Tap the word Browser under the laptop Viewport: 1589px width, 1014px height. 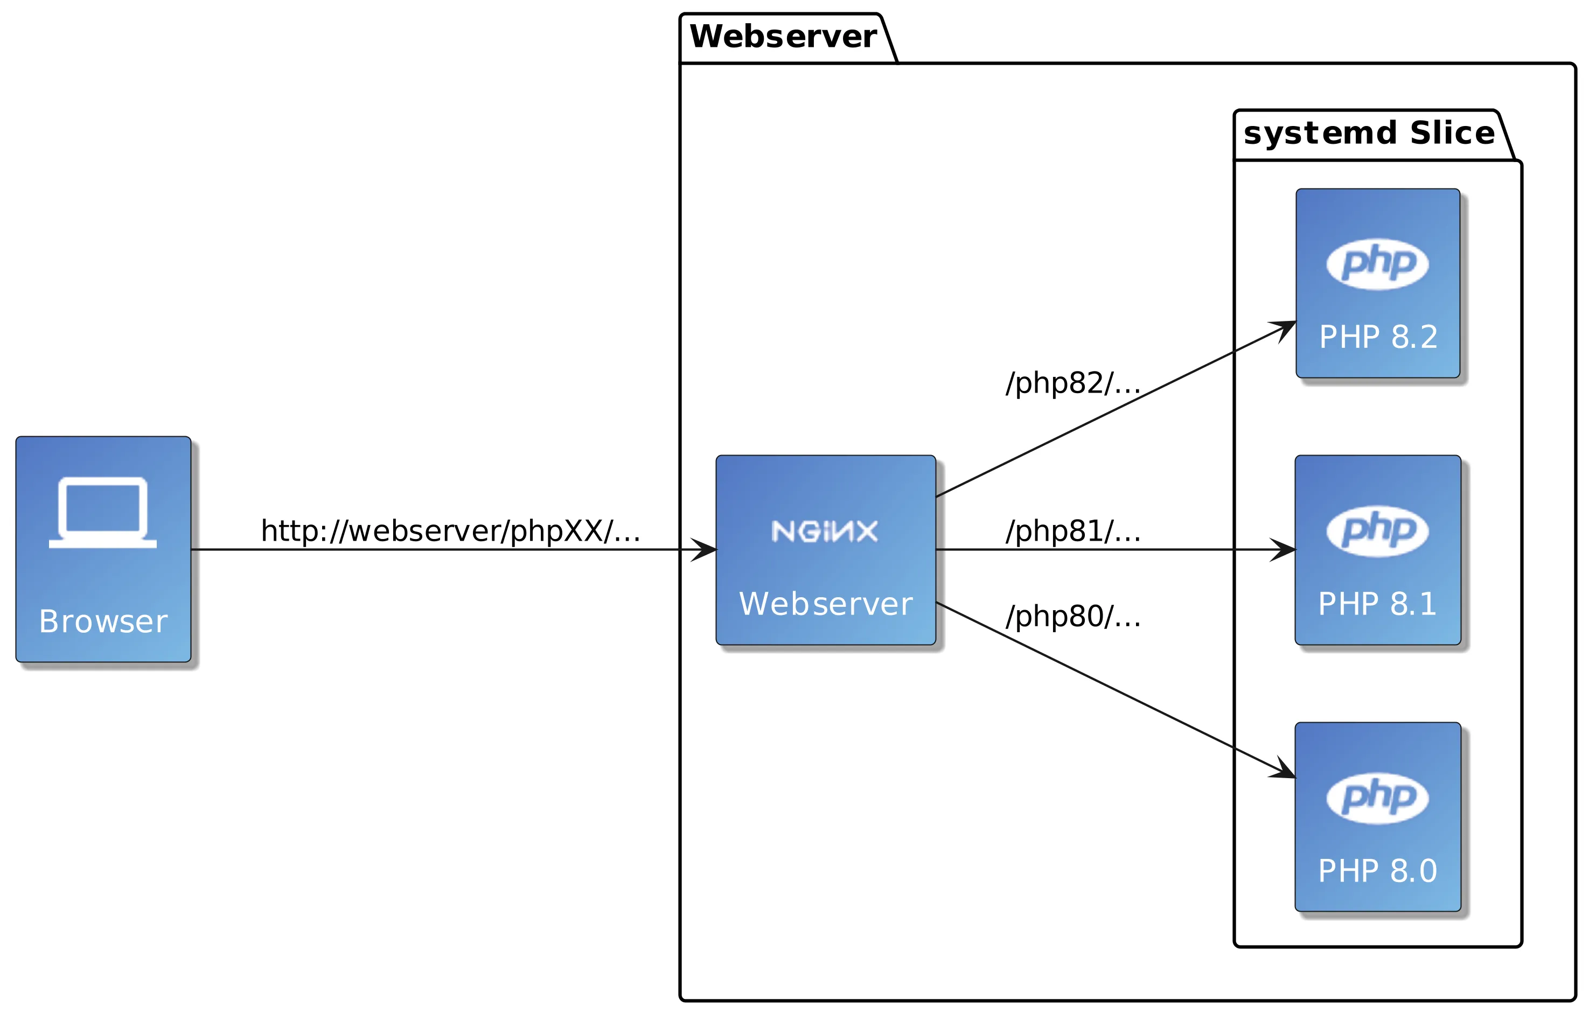(x=103, y=621)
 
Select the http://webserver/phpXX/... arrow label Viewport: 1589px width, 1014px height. (x=451, y=531)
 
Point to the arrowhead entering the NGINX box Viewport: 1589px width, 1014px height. (x=703, y=550)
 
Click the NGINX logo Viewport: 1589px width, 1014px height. (x=825, y=531)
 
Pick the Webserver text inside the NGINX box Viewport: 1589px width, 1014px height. (x=826, y=604)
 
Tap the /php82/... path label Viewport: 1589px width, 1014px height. (x=1073, y=383)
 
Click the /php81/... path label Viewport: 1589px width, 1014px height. (x=1073, y=531)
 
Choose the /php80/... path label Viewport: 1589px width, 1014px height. (x=1073, y=616)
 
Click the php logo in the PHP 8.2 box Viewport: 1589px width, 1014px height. (x=1378, y=264)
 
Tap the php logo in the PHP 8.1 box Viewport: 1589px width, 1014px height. (x=1378, y=531)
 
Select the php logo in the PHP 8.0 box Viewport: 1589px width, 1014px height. (x=1378, y=798)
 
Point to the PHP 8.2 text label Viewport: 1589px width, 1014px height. (x=1378, y=337)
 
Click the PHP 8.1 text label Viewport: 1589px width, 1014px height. (x=1377, y=604)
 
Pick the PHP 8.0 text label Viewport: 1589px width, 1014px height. (x=1377, y=871)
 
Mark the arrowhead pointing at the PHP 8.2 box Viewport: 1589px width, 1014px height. (x=1284, y=328)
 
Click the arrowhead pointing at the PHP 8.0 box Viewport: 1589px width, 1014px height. (x=1284, y=771)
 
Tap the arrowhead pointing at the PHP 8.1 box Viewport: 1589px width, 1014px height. (x=1283, y=550)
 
